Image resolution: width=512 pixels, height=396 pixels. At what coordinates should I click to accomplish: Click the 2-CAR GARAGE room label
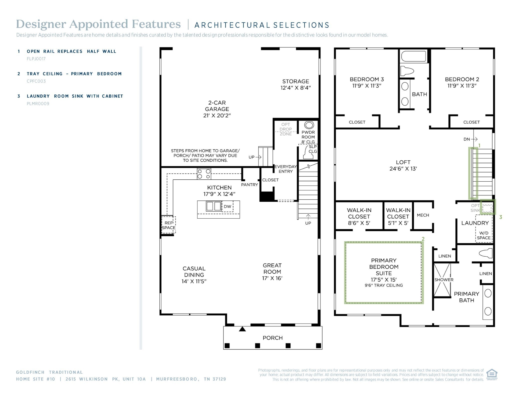pos(217,109)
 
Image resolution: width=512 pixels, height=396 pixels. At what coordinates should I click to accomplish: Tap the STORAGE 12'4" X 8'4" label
pos(295,85)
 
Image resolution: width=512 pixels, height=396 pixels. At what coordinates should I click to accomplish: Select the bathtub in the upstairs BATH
pos(413,57)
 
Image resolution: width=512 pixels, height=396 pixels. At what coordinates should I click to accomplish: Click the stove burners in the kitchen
pos(204,174)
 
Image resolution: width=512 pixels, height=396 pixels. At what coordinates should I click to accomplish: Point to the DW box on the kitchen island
pos(227,207)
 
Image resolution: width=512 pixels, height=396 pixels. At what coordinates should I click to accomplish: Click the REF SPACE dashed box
pos(168,225)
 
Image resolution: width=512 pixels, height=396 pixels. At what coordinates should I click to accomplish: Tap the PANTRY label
pos(249,185)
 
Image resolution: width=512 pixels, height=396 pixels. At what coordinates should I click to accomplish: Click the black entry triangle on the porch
pos(242,329)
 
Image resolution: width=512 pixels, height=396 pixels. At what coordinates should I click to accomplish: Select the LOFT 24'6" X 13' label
pos(403,165)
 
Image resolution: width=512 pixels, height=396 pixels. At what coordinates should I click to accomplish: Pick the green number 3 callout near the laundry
pos(500,217)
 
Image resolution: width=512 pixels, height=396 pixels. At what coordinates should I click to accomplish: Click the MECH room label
pos(423,215)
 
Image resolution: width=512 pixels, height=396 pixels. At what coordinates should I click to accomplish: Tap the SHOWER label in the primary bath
pos(444,280)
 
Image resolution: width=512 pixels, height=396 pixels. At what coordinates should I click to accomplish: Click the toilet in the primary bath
pos(485,253)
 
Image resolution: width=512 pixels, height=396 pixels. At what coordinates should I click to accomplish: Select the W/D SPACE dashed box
pos(484,235)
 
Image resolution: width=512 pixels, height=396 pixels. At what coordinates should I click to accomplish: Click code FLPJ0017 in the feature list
pos(36,59)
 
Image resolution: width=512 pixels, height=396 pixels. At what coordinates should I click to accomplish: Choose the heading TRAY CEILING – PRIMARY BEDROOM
pos(74,74)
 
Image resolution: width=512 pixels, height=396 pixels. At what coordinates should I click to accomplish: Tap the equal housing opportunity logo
pos(492,375)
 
